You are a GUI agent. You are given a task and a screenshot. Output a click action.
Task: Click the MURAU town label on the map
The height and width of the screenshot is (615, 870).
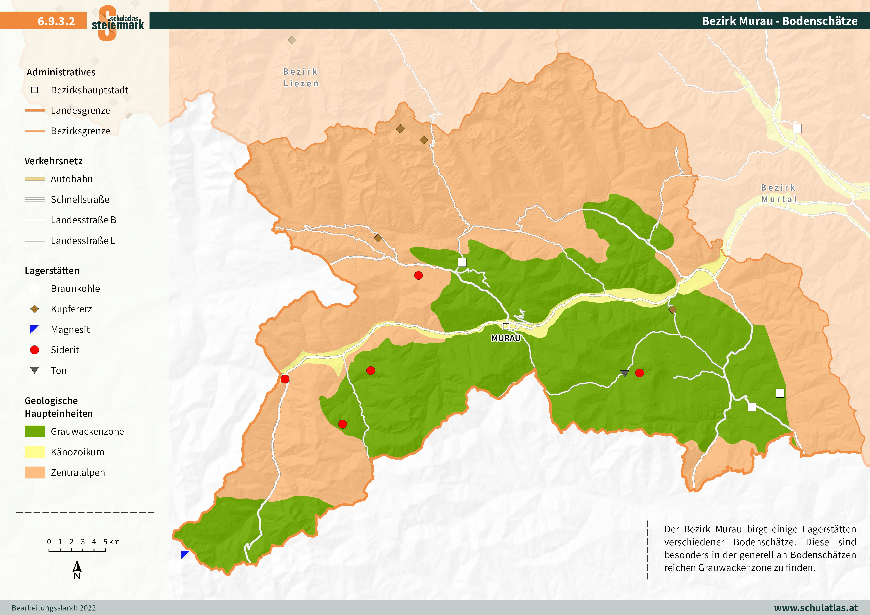click(x=506, y=338)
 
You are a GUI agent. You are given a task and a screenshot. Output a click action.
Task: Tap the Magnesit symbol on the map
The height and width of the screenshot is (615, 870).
click(x=185, y=555)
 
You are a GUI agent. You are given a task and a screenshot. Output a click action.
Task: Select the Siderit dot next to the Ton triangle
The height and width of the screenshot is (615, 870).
click(x=640, y=373)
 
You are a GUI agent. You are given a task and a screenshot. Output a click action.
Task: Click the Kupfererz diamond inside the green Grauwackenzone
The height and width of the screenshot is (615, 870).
click(x=673, y=309)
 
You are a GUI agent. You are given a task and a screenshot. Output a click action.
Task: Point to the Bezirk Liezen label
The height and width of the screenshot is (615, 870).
click(x=301, y=77)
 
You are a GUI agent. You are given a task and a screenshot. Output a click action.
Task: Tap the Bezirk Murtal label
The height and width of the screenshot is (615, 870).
click(x=779, y=193)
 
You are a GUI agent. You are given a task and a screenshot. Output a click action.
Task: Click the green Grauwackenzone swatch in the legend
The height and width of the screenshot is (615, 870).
click(x=34, y=431)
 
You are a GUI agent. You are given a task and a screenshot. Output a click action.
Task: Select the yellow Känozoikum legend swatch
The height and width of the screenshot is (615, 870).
click(x=34, y=452)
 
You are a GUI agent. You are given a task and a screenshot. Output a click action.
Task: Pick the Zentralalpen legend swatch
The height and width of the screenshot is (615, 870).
click(x=34, y=472)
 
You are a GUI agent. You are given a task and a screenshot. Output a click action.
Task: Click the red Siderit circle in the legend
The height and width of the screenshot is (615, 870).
click(x=34, y=350)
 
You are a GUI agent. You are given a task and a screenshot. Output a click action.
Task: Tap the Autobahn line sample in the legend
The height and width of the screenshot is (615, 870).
click(x=34, y=179)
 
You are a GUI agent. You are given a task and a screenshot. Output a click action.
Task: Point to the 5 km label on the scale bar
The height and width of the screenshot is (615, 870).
click(x=111, y=542)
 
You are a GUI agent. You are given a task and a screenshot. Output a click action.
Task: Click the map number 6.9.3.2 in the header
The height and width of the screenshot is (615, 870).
click(x=56, y=21)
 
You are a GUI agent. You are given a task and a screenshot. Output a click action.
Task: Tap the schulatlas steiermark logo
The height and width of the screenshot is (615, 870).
click(x=118, y=23)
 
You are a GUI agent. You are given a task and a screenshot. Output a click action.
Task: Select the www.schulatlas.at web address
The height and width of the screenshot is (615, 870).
click(x=815, y=607)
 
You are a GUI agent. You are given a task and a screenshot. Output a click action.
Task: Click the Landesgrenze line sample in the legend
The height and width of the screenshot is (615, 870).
click(x=34, y=110)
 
